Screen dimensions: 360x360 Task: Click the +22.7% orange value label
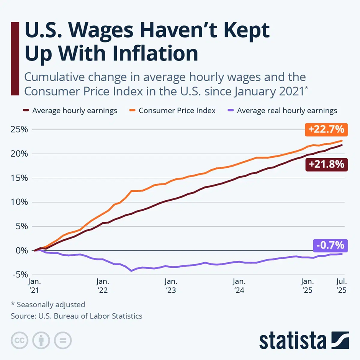point(326,129)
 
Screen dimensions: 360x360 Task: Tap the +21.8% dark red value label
point(326,165)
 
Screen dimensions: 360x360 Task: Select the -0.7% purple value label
point(330,245)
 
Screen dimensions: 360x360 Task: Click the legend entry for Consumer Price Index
point(177,111)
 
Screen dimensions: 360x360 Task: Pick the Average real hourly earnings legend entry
point(286,111)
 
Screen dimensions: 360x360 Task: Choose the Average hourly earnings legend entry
point(74,111)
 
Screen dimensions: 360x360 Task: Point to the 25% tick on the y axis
point(19,129)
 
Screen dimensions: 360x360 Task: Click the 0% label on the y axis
point(21,250)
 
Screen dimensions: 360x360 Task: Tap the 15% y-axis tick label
point(19,178)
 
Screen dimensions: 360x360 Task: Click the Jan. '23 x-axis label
point(171,286)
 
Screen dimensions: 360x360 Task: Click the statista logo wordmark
point(293,340)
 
